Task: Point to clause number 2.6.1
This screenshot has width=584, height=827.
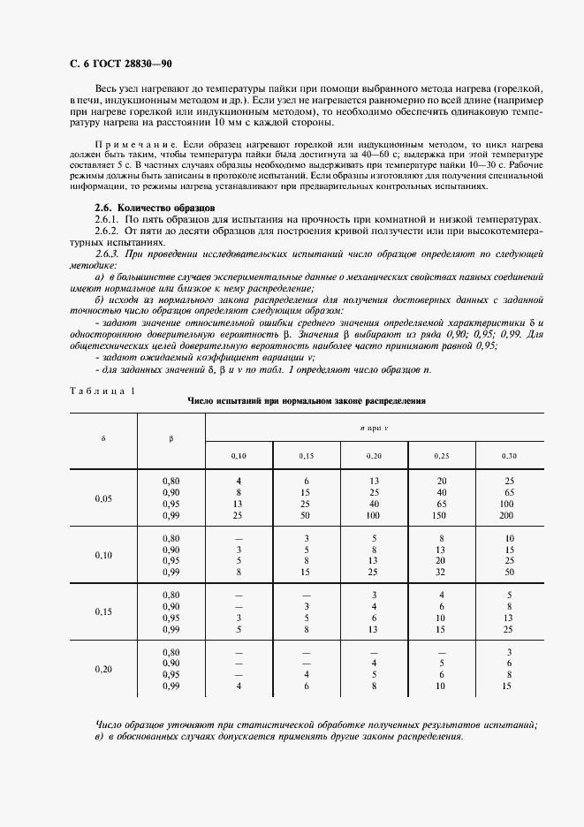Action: click(107, 218)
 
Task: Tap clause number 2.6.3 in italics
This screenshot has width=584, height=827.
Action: click(107, 253)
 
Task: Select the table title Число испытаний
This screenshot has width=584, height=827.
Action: click(307, 400)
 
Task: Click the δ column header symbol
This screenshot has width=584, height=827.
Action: click(103, 438)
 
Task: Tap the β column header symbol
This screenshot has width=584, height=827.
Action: click(171, 438)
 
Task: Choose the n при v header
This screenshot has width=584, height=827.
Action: click(375, 426)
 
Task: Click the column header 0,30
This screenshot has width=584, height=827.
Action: click(509, 455)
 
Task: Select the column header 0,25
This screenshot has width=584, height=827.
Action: click(442, 455)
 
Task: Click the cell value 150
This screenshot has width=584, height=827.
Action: click(442, 515)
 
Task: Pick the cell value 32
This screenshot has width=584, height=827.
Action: click(442, 572)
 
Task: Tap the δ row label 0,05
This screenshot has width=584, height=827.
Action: click(103, 498)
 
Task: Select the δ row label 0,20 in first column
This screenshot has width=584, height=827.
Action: click(103, 669)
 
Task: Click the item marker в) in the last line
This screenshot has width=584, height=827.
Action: click(99, 736)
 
